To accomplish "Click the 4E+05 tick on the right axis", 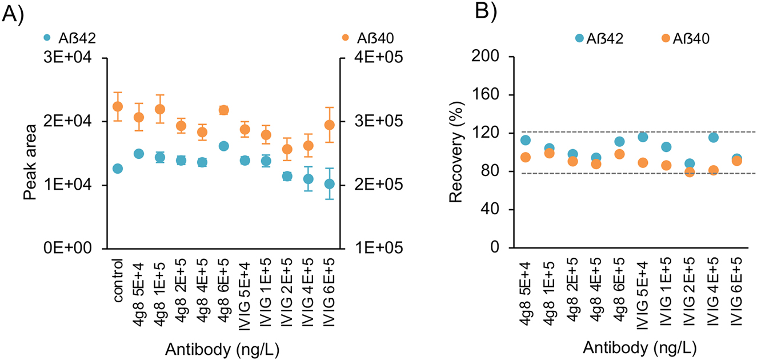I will [366, 58].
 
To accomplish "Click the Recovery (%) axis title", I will [455, 153].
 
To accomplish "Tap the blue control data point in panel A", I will [118, 169].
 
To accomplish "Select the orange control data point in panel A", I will [118, 106].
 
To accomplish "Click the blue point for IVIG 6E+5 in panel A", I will [329, 184].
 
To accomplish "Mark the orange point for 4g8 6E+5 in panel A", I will [223, 110].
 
